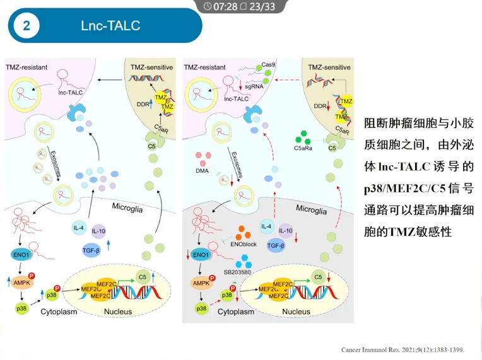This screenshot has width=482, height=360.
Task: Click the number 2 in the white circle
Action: coord(26,26)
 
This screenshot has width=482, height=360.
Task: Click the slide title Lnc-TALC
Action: coord(110,26)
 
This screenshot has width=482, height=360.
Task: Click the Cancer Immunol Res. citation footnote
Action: coord(406,349)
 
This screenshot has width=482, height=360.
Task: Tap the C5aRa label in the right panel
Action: coord(305,149)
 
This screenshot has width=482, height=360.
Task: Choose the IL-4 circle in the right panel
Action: coord(267,226)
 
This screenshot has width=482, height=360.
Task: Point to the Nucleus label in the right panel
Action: coord(296,311)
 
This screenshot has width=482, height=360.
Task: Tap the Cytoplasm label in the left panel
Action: coord(59,311)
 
